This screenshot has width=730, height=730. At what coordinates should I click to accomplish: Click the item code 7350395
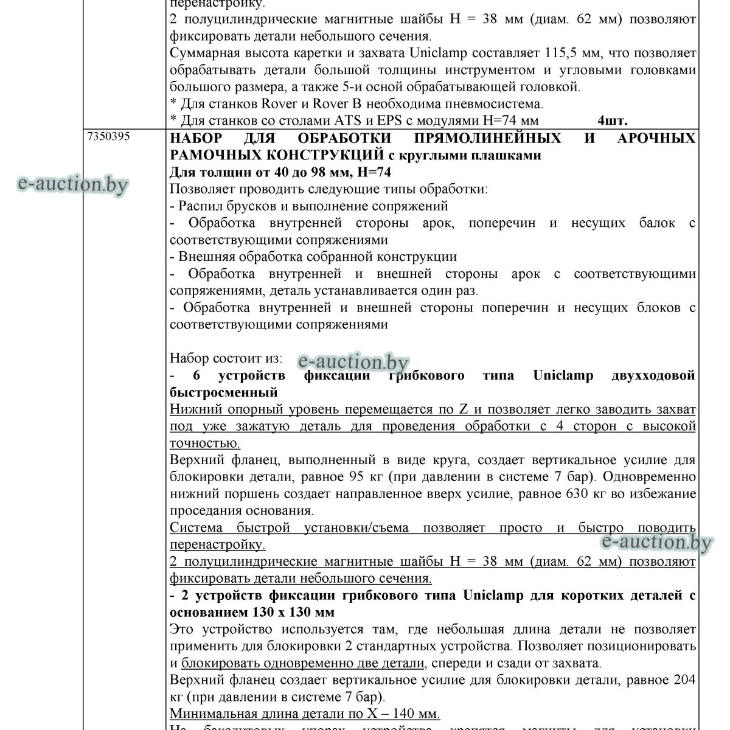[109, 137]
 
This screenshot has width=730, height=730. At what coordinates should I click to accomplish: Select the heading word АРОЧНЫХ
[656, 138]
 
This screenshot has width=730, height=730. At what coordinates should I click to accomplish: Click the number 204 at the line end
[683, 680]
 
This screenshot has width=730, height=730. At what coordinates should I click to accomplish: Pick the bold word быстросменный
[223, 392]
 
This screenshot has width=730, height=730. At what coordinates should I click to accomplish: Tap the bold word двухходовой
[653, 375]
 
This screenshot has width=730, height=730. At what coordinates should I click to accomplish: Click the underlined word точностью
[204, 443]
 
